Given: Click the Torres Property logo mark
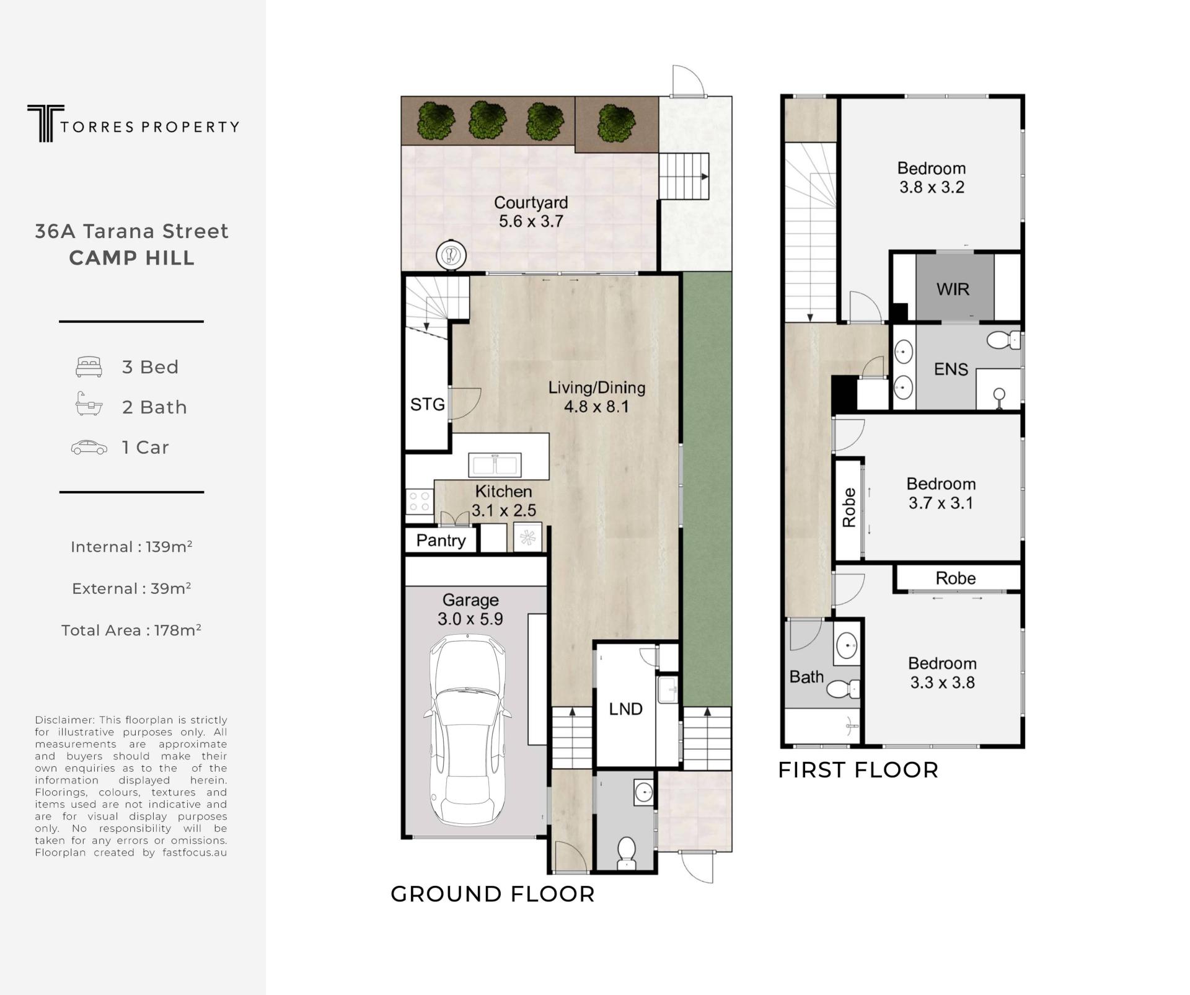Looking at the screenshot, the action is [45, 123].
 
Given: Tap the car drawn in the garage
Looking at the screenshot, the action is [468, 730].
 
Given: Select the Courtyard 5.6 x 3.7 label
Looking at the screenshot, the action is [531, 212].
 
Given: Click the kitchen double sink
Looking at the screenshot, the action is [495, 464].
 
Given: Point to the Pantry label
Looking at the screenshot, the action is [441, 541].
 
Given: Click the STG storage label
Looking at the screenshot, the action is [428, 405].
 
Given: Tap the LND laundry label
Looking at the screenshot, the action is [625, 709].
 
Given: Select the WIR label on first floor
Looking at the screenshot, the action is [953, 289].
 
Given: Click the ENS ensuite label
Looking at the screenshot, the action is [951, 369].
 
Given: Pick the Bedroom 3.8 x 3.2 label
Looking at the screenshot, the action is [932, 178].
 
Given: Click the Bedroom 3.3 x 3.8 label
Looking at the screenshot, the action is [942, 673].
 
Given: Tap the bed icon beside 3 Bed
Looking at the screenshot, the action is [89, 367].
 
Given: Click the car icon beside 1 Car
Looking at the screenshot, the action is [89, 447].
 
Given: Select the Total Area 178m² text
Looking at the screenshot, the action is [131, 630].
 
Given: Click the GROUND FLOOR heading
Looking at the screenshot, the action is [493, 894].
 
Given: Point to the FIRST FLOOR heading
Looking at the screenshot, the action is [858, 770].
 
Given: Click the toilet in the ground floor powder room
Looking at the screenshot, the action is [627, 853].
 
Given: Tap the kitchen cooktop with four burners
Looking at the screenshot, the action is [420, 502].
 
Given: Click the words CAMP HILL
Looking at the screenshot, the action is [132, 258].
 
